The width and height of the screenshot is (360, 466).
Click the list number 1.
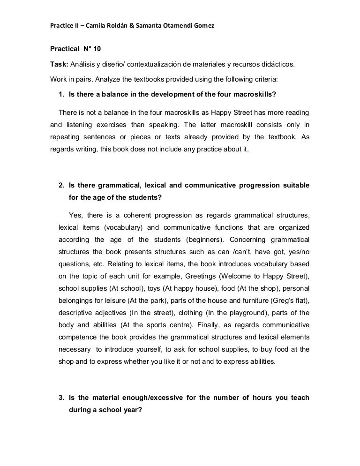(x=61, y=93)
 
